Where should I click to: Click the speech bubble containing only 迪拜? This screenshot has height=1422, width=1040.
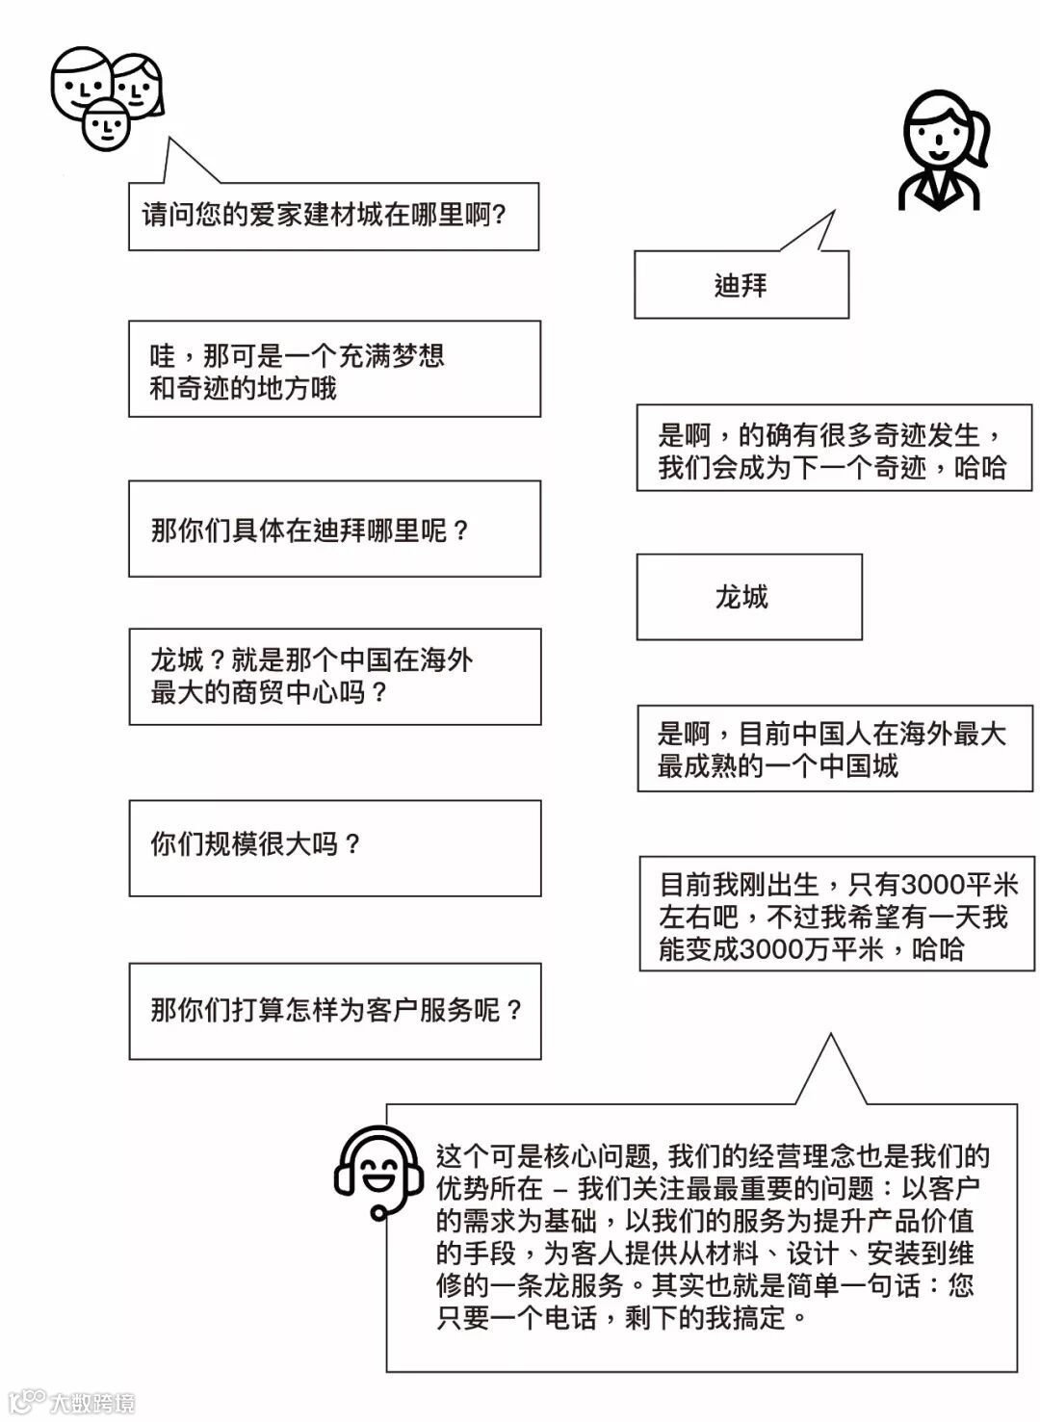pyautogui.click(x=741, y=285)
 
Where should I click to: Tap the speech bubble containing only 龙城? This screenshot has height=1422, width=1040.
pyautogui.click(x=748, y=597)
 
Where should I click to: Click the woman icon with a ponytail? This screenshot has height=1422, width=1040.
pyautogui.click(x=941, y=152)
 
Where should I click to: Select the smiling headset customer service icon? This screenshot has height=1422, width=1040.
pyautogui.click(x=378, y=1173)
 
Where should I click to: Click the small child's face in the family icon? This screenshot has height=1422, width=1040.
pyautogui.click(x=106, y=126)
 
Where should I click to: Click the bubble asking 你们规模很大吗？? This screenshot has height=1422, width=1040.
pyautogui.click(x=334, y=847)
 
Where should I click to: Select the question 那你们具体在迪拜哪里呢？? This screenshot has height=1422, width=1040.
pyautogui.click(x=309, y=530)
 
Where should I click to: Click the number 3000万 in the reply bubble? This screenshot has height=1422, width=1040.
pyautogui.click(x=780, y=949)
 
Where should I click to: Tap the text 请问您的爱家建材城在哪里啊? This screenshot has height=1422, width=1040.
pyautogui.click(x=325, y=216)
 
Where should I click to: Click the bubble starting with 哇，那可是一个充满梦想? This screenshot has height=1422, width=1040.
pyautogui.click(x=334, y=370)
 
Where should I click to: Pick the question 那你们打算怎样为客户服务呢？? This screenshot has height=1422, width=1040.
pyautogui.click(x=336, y=1010)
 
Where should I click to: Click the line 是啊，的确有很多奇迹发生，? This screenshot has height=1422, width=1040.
pyautogui.click(x=831, y=436)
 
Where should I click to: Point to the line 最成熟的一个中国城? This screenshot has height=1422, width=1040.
pyautogui.click(x=777, y=767)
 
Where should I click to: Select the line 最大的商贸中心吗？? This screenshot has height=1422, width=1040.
pyautogui.click(x=269, y=692)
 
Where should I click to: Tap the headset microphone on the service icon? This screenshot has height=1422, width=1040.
pyautogui.click(x=379, y=1211)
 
